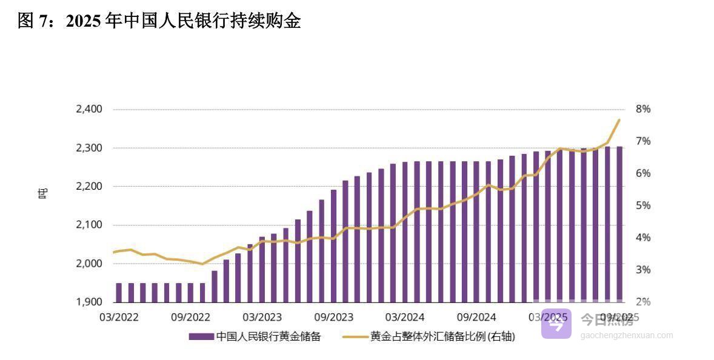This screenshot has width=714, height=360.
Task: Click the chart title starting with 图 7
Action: coord(159,21)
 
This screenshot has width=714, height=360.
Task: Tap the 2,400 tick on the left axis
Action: coord(88,109)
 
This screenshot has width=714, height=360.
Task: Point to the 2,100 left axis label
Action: coord(88,225)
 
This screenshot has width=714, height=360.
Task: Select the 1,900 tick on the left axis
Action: coord(88,302)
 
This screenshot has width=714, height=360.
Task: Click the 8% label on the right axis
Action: coord(643,109)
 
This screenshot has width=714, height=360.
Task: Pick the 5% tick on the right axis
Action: coord(643,205)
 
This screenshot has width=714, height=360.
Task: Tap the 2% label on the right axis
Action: coord(643,302)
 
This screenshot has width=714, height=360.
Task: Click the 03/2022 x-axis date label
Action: coord(119,317)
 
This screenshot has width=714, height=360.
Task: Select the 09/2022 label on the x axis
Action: coord(190,317)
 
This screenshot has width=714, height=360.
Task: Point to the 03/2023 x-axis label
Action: coord(262,317)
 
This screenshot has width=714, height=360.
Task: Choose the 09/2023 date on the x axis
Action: coord(333,317)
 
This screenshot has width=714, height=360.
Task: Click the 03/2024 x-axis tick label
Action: coord(405,317)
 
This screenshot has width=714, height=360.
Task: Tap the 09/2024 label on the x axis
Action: coord(476,317)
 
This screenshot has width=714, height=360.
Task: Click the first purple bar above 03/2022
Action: coord(119,292)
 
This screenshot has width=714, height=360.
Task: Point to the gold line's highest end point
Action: coord(619,120)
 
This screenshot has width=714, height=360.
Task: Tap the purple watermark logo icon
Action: coord(556,323)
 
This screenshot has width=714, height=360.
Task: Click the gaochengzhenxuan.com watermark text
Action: coord(627,335)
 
